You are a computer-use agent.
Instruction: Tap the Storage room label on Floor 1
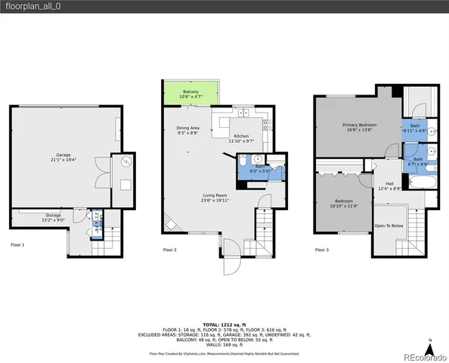tap(53, 218)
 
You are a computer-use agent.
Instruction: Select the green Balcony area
tap(190, 93)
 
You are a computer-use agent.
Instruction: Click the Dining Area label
tap(187, 130)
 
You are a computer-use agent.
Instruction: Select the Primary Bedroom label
tap(359, 127)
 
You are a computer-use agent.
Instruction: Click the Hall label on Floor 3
tap(389, 185)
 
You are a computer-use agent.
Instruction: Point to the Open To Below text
tap(389, 225)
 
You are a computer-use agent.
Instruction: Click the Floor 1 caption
tap(17, 245)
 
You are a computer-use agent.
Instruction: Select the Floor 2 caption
tap(169, 250)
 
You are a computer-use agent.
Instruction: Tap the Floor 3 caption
tap(322, 250)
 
